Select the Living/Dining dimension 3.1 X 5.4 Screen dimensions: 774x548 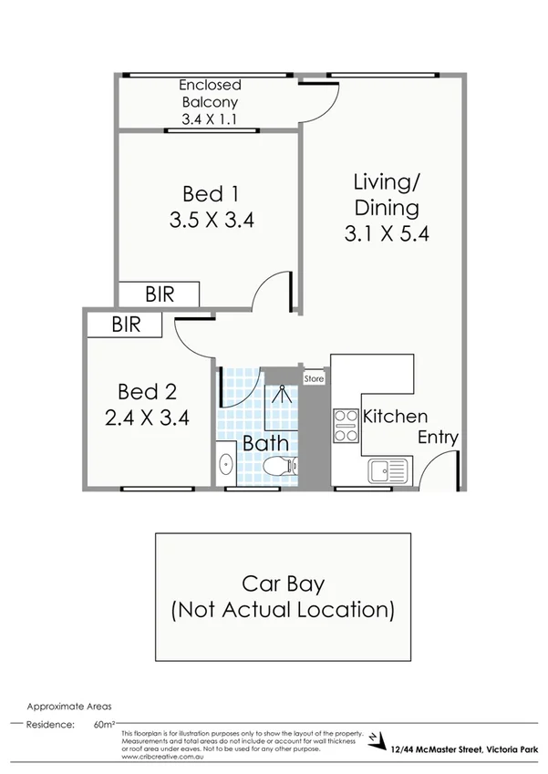coord(387,233)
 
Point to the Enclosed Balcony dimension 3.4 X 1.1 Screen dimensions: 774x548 coord(210,118)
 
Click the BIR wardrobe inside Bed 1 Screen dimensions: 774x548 coord(159,294)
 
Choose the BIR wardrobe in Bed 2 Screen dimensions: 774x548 coord(126,324)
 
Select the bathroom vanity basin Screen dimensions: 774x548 coord(225,466)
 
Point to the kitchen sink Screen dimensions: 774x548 coord(390,471)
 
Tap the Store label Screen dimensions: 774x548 coord(315,377)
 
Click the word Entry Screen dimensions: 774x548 coord(437,438)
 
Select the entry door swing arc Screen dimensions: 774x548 coord(441,468)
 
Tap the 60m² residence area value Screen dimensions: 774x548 coord(102,726)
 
